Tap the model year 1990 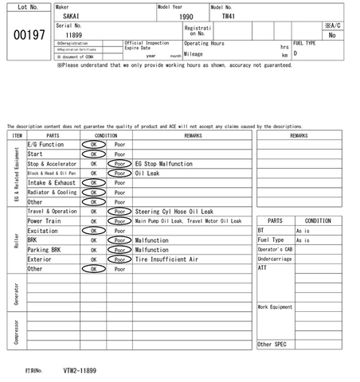(186, 16)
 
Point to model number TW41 (228, 15)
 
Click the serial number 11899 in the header (73, 35)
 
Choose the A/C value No (332, 35)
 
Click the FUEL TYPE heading (306, 43)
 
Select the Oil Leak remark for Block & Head (148, 173)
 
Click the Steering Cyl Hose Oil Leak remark (174, 212)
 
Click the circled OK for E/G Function (93, 144)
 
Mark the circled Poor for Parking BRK (119, 250)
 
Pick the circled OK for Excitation (93, 231)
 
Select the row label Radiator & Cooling (53, 192)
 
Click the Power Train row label (45, 221)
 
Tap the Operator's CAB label (275, 249)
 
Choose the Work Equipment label (275, 306)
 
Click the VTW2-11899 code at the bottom (80, 371)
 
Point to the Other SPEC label (272, 344)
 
